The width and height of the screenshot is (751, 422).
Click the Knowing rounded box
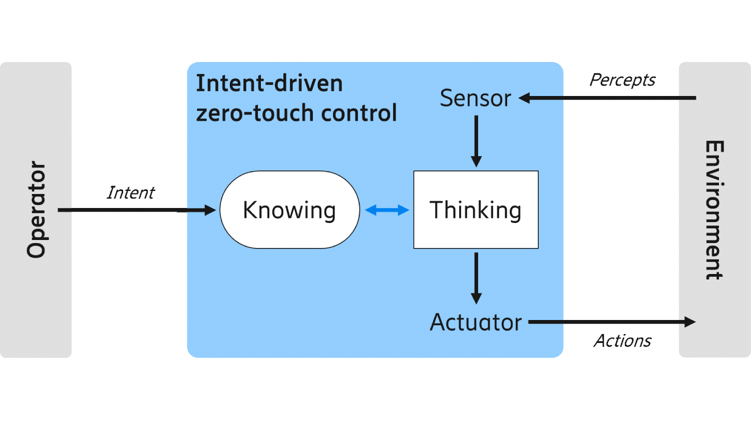click(x=289, y=210)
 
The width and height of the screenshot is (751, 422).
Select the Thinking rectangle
click(x=476, y=210)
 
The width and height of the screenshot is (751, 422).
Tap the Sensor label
click(x=475, y=98)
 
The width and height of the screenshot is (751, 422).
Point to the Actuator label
click(x=476, y=322)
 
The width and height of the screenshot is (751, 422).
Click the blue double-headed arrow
click(x=387, y=210)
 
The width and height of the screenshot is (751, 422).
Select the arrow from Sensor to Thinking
click(x=476, y=140)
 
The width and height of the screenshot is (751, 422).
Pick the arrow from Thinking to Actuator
click(x=476, y=277)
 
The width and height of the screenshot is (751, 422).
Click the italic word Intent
click(x=131, y=192)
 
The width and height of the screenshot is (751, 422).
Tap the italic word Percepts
click(x=622, y=80)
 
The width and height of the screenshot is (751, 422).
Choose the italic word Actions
click(x=623, y=341)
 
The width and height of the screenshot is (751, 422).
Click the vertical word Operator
click(x=37, y=209)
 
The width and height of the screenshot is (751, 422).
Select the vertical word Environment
click(x=714, y=210)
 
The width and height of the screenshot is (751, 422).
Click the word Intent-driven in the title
click(x=269, y=83)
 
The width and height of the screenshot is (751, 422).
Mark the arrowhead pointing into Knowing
click(x=210, y=210)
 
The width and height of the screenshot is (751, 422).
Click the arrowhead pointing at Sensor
click(x=524, y=98)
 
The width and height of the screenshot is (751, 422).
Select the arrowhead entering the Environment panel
click(x=690, y=322)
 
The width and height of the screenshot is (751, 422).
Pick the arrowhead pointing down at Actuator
click(x=476, y=298)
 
